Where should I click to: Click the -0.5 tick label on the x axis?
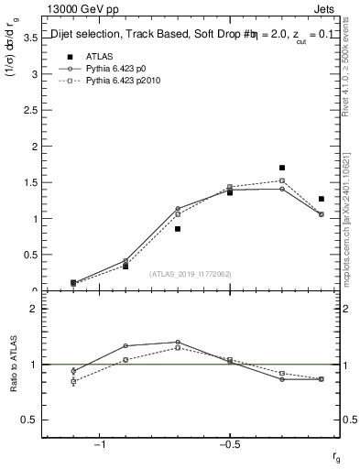click(229, 443)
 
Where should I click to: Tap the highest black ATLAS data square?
click(282, 168)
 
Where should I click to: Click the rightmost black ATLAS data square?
click(321, 199)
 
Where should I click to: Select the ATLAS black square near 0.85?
click(178, 229)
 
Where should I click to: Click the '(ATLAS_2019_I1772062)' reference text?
click(191, 274)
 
